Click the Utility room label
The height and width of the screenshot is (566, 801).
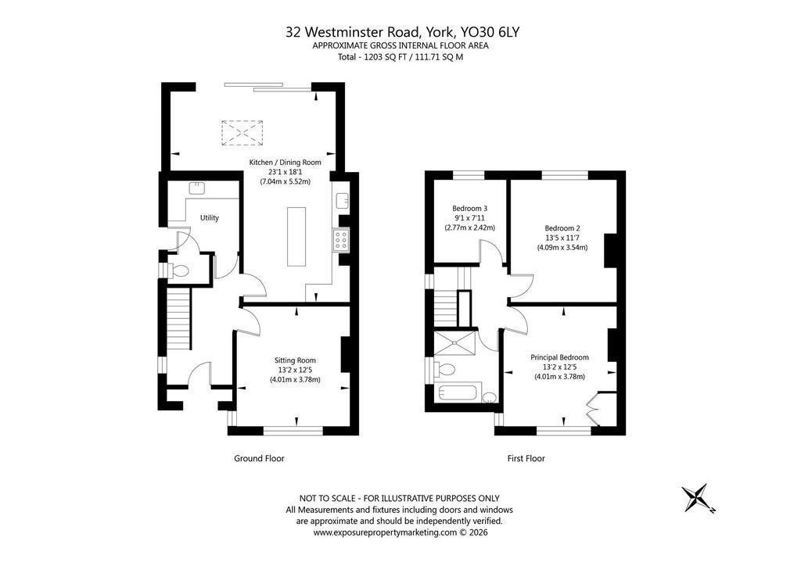(x=210, y=218)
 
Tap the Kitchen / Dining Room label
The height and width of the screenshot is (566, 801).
(x=285, y=163)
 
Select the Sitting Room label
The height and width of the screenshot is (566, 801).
(x=295, y=360)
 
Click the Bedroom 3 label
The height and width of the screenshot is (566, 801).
(x=469, y=208)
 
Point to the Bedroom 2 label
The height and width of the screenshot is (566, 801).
(x=562, y=228)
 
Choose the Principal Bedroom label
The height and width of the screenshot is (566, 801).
(x=559, y=357)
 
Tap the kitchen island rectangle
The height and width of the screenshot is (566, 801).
(x=296, y=236)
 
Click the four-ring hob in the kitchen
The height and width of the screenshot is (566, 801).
(x=341, y=240)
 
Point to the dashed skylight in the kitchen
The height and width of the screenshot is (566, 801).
(x=242, y=133)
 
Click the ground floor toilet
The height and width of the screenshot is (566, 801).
(x=179, y=270)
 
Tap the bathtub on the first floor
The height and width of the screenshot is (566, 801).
(x=458, y=393)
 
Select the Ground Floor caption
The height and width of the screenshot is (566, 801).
(x=259, y=458)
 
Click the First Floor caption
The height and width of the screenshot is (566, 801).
(x=526, y=458)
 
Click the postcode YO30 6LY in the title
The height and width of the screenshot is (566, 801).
(x=490, y=32)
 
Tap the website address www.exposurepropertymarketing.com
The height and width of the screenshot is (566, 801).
(x=385, y=532)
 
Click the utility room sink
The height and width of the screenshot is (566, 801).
(x=196, y=188)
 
